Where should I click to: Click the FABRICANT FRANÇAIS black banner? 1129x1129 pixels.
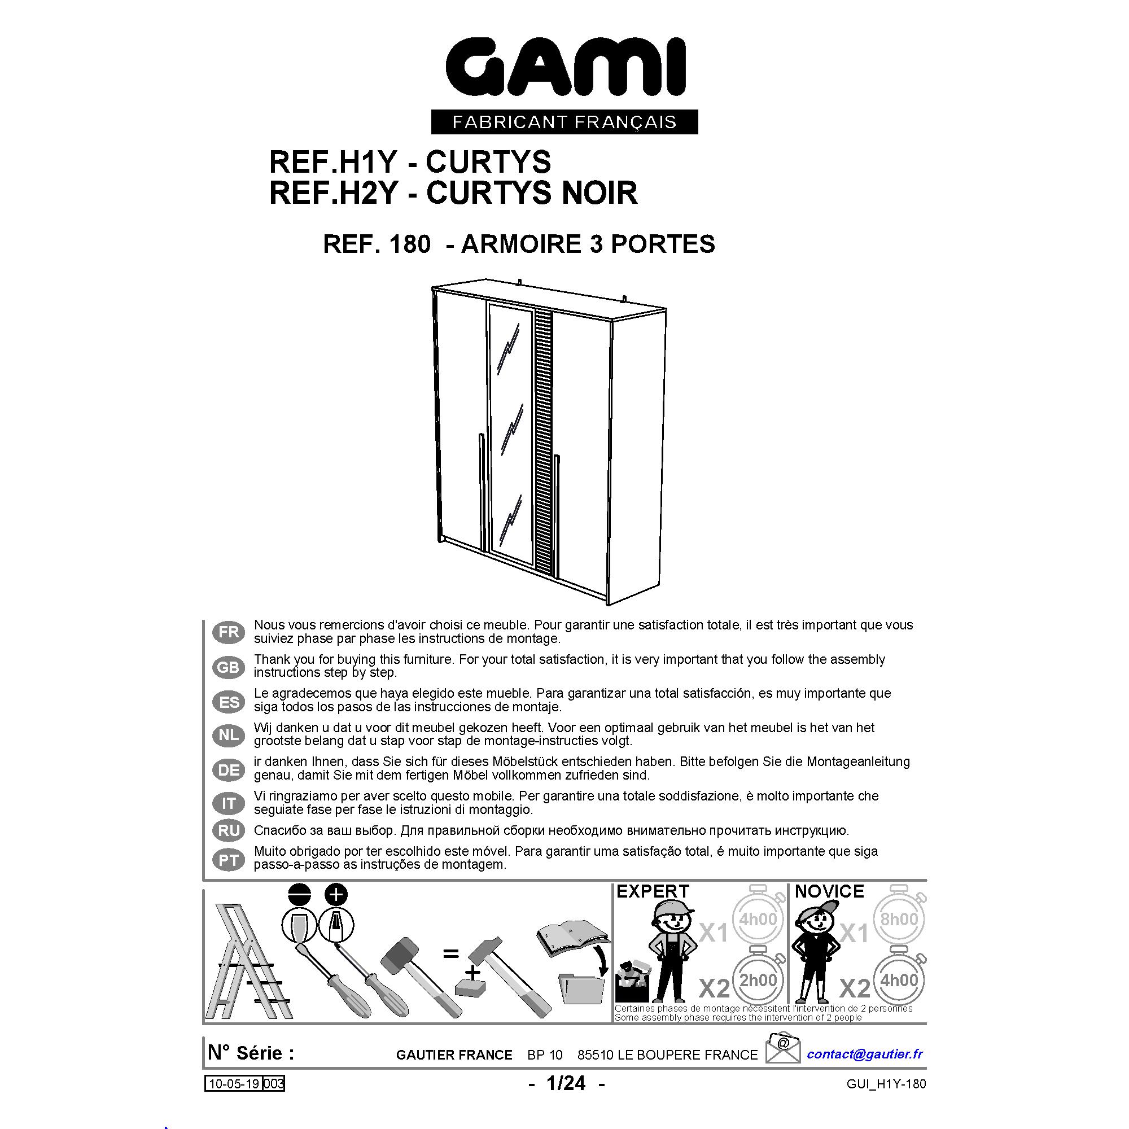point(564,122)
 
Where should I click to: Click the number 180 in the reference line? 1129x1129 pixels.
point(409,244)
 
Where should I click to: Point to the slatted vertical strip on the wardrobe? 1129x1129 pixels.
point(544,441)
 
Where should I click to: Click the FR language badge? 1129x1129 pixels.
point(229,632)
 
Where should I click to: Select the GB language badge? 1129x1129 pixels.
point(229,667)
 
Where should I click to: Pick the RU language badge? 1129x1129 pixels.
point(229,830)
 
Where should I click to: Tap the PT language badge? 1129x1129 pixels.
point(229,860)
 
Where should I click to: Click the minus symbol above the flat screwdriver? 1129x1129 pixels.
point(299,895)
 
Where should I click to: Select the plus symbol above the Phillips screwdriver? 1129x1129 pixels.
point(336,895)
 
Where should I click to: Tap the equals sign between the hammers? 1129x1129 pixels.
point(450,954)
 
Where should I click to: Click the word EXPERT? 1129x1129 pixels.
point(653,892)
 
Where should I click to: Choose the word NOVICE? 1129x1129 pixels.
point(829,892)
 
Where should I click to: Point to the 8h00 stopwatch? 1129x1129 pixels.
point(899,919)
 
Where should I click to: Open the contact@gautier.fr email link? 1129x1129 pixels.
point(865,1054)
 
